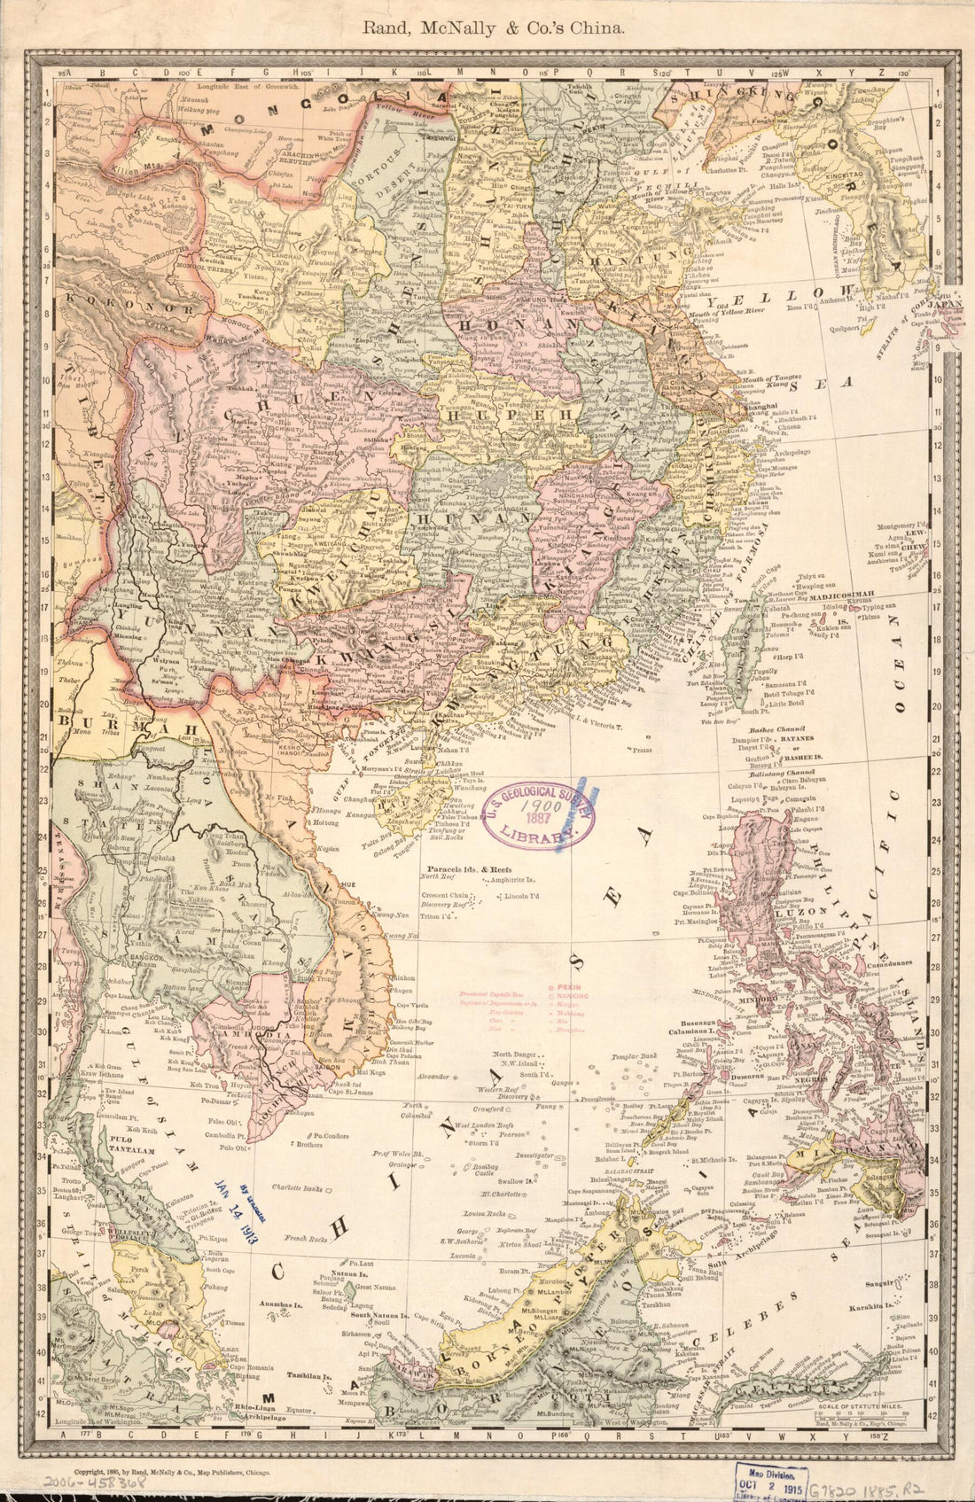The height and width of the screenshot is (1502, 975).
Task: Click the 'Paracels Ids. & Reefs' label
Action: click(469, 869)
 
